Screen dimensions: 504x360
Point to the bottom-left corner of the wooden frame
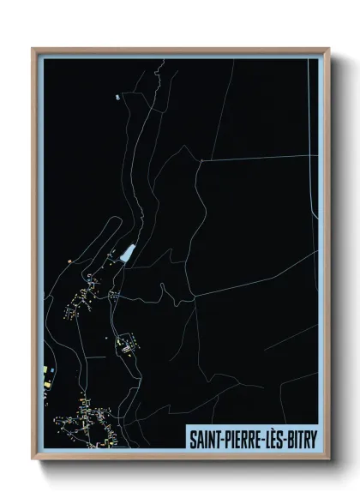[x=33, y=459]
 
